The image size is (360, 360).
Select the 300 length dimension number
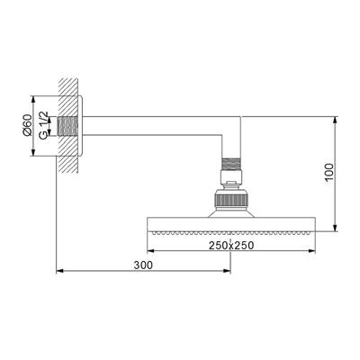click(143, 265)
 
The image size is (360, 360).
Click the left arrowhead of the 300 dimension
click(59, 270)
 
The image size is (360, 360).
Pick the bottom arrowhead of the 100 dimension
click(335, 228)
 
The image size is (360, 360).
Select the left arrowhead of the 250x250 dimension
click(147, 251)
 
